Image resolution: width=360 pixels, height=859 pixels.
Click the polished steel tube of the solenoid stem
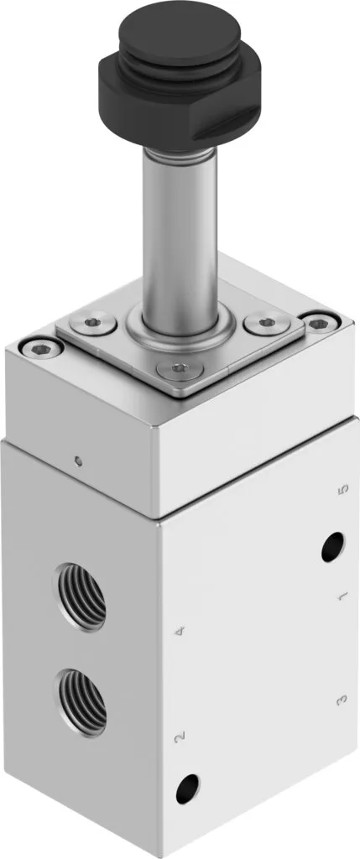pos(180,236)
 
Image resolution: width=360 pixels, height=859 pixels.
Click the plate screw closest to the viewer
pos(176,369)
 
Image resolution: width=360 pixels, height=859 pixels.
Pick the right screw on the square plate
pos(267,323)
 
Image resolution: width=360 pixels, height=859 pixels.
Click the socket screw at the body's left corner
pos(40,346)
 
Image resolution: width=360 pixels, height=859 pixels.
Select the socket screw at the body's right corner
pos(321,323)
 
